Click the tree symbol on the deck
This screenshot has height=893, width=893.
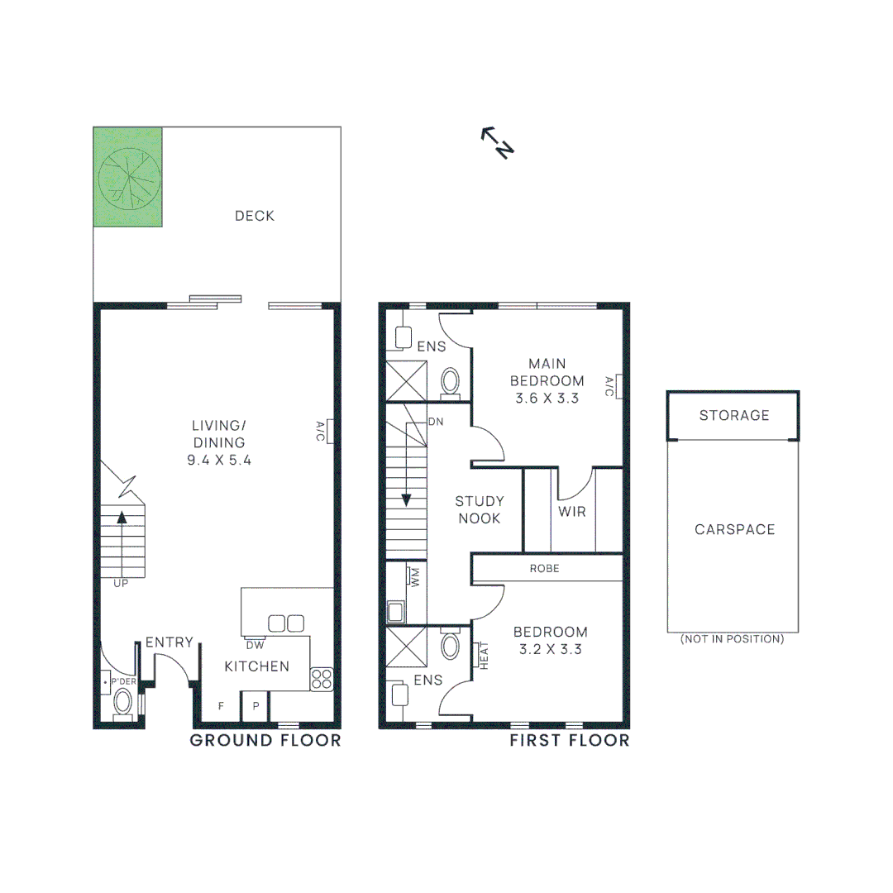point(129,177)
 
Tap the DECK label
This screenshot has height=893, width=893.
point(255,216)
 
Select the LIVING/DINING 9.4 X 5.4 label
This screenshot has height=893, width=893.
point(219,443)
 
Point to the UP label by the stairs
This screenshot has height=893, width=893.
point(122,584)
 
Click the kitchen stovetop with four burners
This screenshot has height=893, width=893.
point(322,679)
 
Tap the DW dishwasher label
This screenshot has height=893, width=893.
point(255,645)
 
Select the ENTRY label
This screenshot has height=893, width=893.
point(170,642)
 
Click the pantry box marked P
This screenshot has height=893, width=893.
point(256,705)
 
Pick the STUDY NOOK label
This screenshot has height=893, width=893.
point(479,510)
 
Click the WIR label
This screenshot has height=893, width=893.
point(571,512)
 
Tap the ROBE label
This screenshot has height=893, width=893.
point(545,568)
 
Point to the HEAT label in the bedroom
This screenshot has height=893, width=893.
point(483,657)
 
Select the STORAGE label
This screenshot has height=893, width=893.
point(734,415)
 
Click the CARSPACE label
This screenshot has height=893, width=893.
point(735,529)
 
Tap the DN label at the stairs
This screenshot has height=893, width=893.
point(436,422)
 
